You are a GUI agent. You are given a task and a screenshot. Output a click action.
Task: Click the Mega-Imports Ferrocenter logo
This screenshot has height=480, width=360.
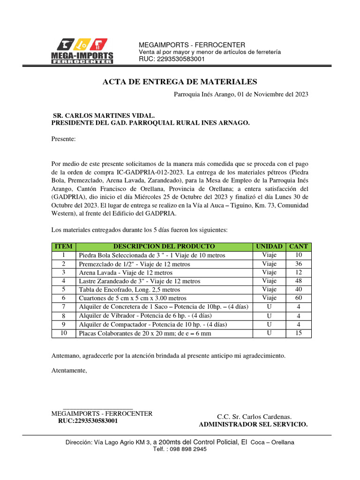pyautogui.click(x=84, y=51)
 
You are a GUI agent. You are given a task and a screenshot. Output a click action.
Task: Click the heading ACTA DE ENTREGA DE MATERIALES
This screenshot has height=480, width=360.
pyautogui.click(x=180, y=82)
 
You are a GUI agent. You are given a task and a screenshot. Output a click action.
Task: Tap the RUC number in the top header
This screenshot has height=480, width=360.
pyautogui.click(x=172, y=59)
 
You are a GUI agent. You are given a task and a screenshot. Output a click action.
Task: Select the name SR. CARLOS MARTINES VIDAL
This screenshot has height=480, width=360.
pyautogui.click(x=103, y=115)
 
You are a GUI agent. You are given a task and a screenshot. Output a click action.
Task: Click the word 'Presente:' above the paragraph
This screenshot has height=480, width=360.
pyautogui.click(x=63, y=139)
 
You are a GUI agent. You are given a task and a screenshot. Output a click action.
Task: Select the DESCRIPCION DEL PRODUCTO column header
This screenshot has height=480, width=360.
pyautogui.click(x=164, y=246)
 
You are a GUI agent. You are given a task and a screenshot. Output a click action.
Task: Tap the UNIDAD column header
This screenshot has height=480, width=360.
pyautogui.click(x=269, y=246)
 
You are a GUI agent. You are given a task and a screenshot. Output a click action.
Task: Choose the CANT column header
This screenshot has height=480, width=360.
pyautogui.click(x=299, y=246)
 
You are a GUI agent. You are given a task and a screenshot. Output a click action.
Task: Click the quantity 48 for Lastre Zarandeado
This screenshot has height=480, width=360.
pyautogui.click(x=299, y=281)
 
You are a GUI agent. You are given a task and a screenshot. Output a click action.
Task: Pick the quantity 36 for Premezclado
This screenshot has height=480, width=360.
pyautogui.click(x=299, y=264)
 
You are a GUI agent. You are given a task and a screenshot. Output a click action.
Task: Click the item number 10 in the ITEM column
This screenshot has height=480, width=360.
pyautogui.click(x=63, y=333)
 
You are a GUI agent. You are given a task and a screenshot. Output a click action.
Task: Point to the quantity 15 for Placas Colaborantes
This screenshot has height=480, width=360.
pyautogui.click(x=299, y=333)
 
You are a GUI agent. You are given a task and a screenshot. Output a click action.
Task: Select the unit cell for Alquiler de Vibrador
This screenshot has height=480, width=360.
pyautogui.click(x=269, y=315)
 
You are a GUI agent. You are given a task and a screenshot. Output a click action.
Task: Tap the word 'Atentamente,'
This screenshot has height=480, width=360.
pyautogui.click(x=69, y=370)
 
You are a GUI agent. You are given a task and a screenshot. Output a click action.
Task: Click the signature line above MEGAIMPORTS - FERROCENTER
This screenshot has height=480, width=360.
pyautogui.click(x=97, y=408)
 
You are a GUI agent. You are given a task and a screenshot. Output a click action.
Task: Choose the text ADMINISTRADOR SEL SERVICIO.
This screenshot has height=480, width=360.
pyautogui.click(x=254, y=424)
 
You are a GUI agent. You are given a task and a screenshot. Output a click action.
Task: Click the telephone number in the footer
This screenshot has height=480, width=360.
pyautogui.click(x=180, y=449)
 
